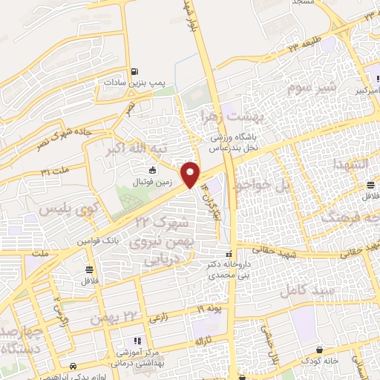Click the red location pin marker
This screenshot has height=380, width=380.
click(192, 174)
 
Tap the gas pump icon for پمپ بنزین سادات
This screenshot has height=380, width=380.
click(134, 72)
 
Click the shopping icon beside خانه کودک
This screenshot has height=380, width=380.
click(320, 350)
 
